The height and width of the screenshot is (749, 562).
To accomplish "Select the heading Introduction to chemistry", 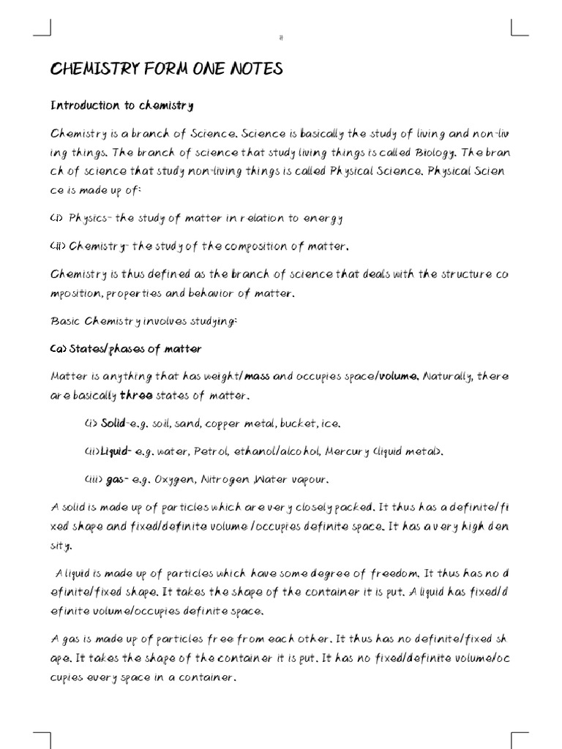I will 121,105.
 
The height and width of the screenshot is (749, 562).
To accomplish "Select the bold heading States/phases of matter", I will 126,349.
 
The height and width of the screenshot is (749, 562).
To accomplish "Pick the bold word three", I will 136,396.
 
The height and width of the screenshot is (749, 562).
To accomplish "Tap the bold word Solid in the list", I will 114,424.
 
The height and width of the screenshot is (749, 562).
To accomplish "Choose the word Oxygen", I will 173,480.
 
